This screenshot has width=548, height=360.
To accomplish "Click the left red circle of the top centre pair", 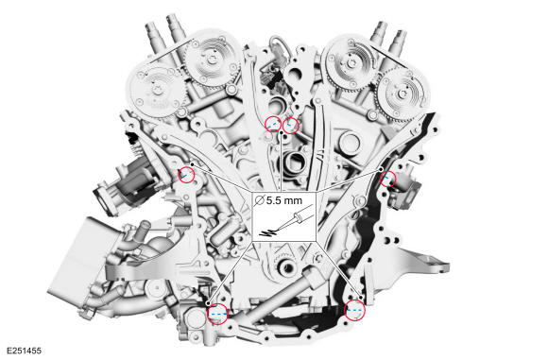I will coord(272,123).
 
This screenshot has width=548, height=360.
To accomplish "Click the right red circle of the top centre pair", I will coord(291,124).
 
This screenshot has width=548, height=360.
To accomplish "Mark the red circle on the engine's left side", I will coord(186,173).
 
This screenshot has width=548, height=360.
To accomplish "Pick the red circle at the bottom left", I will coord(217,312).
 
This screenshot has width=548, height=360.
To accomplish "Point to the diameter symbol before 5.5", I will coord(260,200).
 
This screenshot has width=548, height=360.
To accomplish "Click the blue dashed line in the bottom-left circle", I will coord(217,310).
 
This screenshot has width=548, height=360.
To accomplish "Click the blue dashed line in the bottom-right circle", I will coord(354,309).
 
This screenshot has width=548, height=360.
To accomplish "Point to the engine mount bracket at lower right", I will coord(444,255).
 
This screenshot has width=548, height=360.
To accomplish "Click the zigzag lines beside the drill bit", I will coord(269,233).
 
